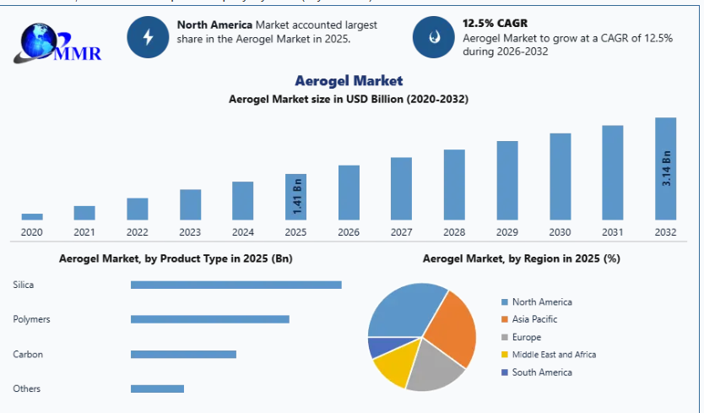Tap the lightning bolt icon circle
click(148, 36)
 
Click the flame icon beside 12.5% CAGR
click(433, 36)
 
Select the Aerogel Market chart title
click(349, 81)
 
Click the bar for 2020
click(32, 216)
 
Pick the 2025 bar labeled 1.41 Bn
click(295, 197)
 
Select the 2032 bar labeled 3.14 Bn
click(666, 169)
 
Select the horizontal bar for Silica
click(236, 285)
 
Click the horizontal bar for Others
click(157, 389)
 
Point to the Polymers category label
click(31, 319)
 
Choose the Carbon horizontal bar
click(183, 354)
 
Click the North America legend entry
click(541, 302)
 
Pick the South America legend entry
click(541, 372)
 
